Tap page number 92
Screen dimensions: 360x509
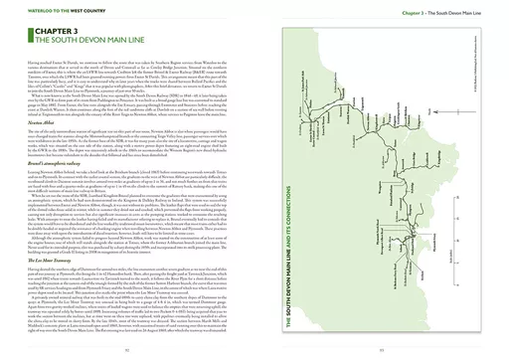click(127, 350)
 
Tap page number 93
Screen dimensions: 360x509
click(383, 350)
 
